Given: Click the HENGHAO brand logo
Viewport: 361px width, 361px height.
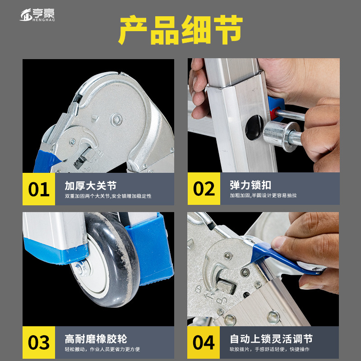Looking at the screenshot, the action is tap(37, 15).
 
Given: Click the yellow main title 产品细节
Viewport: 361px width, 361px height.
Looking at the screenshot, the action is tap(181, 30).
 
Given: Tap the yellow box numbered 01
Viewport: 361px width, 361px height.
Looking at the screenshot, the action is tap(39, 189).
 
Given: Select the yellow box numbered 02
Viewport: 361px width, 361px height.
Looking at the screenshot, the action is tap(204, 189).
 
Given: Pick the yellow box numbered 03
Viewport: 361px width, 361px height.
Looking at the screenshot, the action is tap(39, 342).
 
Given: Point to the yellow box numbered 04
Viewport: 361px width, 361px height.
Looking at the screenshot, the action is tap(204, 342).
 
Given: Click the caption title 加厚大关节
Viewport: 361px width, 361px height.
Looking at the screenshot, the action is tap(91, 185).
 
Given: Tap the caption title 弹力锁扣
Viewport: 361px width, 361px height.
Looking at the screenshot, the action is tap(250, 185).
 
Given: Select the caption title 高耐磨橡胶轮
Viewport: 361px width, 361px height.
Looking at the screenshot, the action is tap(96, 339).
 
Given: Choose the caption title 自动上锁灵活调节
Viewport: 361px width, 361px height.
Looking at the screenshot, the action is tap(271, 339).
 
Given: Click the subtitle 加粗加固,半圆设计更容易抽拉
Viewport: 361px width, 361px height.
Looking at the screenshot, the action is tap(263, 195).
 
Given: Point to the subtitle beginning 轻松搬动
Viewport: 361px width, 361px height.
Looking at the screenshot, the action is tap(102, 349).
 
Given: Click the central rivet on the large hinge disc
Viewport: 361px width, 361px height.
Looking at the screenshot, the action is tap(116, 120).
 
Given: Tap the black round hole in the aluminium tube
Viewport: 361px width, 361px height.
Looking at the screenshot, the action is tap(254, 127).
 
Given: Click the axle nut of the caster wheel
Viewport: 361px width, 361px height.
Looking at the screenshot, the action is tap(80, 268).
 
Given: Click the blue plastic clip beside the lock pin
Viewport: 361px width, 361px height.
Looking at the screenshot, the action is tap(276, 109).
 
